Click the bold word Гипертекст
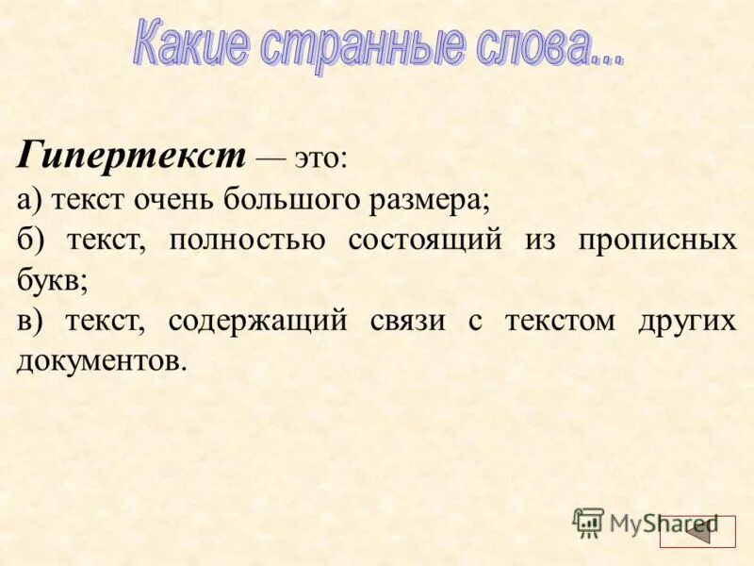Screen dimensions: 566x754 tap(131, 154)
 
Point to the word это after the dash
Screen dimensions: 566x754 tap(320, 158)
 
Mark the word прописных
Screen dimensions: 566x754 tap(657, 240)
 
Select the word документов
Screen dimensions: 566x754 tap(96, 361)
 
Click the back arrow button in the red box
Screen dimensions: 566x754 tap(697, 532)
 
